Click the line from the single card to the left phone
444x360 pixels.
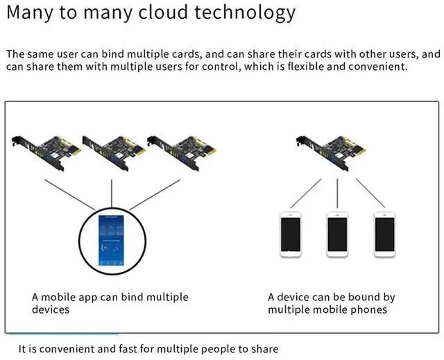305,192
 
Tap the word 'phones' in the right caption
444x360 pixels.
370,309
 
